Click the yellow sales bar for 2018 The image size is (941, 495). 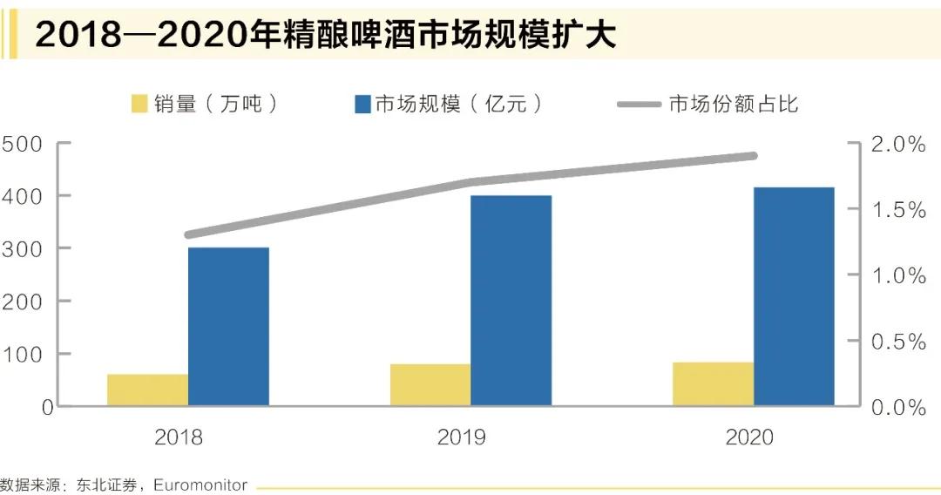147,390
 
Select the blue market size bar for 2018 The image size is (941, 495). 228,327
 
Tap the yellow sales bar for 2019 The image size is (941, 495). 430,384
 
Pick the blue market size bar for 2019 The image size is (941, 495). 511,301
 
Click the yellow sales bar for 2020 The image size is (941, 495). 713,383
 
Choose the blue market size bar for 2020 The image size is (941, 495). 794,296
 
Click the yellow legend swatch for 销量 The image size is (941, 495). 139,105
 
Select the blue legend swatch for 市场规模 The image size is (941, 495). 362,105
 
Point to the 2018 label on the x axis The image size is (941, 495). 179,437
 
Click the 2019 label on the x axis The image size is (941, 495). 462,437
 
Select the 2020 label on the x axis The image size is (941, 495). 749,437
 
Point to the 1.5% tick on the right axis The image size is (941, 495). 898,210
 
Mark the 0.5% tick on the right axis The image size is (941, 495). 898,342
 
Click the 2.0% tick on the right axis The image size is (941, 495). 898,145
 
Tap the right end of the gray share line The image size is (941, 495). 754,156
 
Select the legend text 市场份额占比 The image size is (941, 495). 734,105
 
